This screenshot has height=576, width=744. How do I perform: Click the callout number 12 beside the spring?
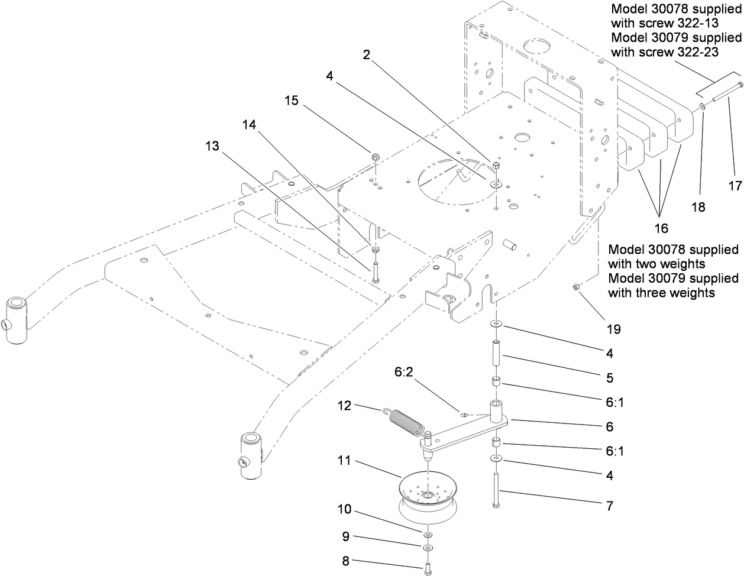coord(345,406)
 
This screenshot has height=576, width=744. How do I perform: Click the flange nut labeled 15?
coord(376,157)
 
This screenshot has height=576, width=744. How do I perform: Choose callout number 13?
coord(212,145)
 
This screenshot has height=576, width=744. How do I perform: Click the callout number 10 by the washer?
coord(345,509)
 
